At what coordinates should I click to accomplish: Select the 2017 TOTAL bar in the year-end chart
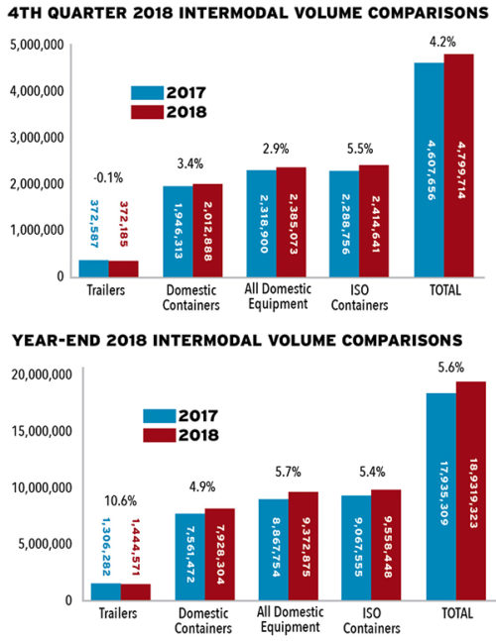coord(440,495)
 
